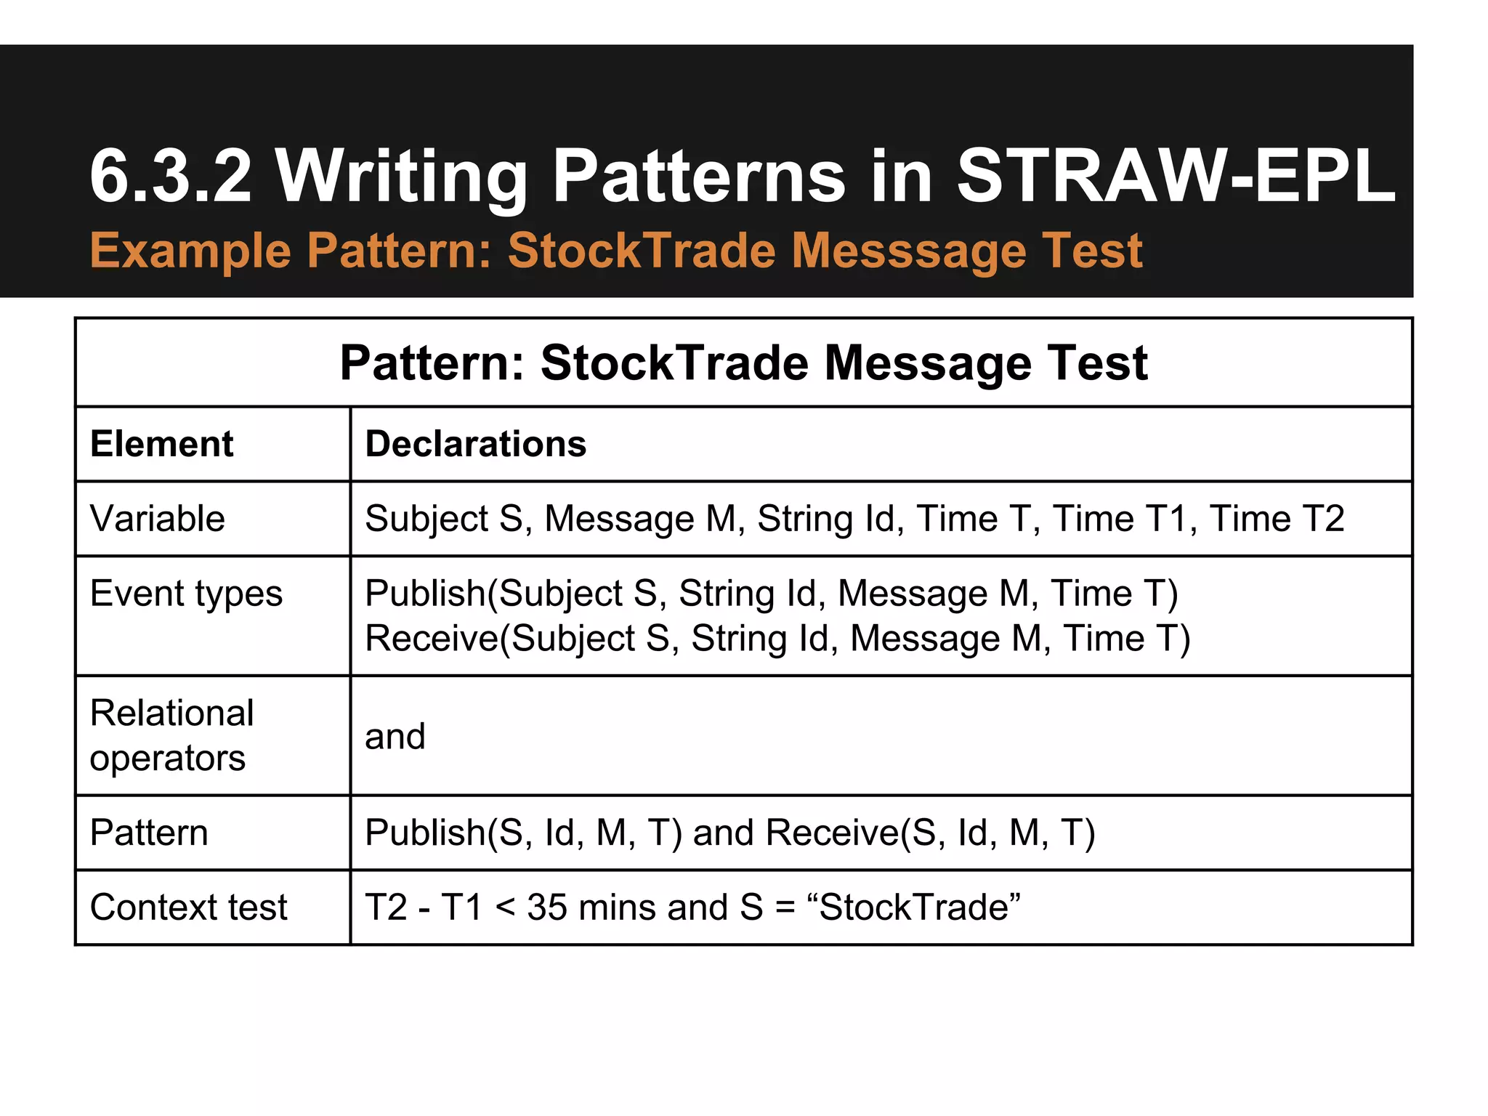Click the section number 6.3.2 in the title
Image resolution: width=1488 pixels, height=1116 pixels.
click(171, 176)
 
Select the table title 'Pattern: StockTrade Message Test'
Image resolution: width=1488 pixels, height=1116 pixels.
click(743, 363)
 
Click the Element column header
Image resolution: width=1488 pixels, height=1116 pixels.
click(161, 444)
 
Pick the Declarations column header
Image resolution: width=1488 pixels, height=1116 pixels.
click(475, 444)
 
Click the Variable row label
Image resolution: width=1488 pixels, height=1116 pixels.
click(157, 519)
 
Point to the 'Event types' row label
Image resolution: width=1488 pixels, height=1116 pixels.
click(186, 594)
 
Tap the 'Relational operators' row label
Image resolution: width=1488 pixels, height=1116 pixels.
click(171, 735)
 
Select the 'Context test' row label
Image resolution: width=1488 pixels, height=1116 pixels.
click(188, 907)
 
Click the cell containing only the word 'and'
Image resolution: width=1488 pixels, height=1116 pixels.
click(395, 736)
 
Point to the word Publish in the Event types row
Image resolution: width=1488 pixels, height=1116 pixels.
click(425, 594)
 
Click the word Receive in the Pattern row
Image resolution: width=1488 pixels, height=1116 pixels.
click(832, 833)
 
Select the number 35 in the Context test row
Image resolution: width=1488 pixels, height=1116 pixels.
click(546, 907)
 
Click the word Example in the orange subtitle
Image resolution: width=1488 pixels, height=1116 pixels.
click(190, 251)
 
